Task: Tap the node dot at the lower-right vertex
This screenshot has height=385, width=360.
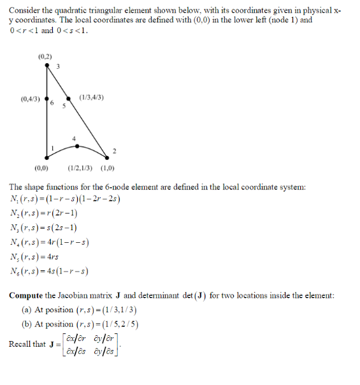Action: point(106,157)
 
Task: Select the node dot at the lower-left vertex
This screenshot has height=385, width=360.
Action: point(47,157)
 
